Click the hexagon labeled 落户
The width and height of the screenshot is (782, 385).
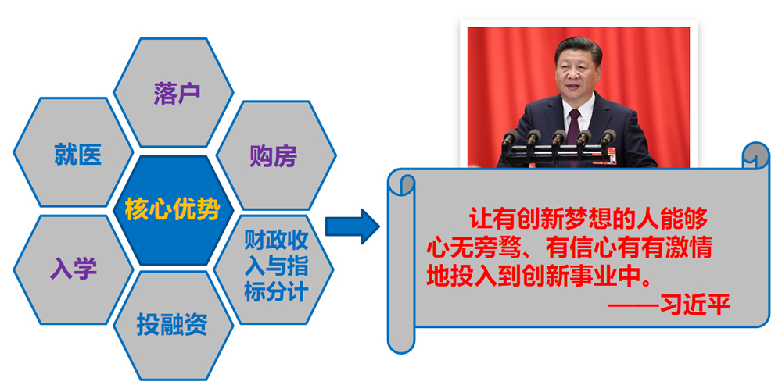click(174, 93)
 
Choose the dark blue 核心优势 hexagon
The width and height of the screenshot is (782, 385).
click(174, 210)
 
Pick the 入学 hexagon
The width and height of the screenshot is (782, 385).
click(74, 269)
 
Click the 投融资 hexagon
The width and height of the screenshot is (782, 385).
click(174, 326)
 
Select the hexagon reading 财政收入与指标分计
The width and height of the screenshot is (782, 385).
click(274, 269)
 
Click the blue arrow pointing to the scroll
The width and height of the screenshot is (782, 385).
click(352, 226)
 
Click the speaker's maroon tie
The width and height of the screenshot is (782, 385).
click(574, 134)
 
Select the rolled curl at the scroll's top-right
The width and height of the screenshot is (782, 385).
click(756, 155)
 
